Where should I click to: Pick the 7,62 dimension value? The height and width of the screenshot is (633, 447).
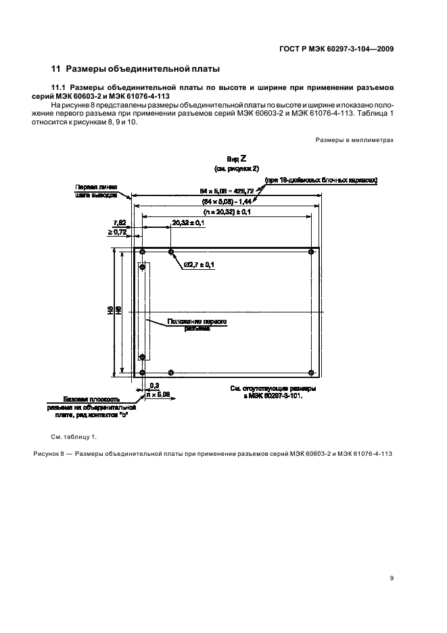(119, 222)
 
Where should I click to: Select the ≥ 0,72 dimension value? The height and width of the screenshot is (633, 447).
(118, 232)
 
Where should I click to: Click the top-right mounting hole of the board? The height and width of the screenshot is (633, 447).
(311, 252)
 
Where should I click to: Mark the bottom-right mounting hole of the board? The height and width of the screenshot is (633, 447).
(311, 371)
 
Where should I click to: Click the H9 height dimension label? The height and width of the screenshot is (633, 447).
(110, 311)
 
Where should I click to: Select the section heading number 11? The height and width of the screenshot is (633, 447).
(56, 68)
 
